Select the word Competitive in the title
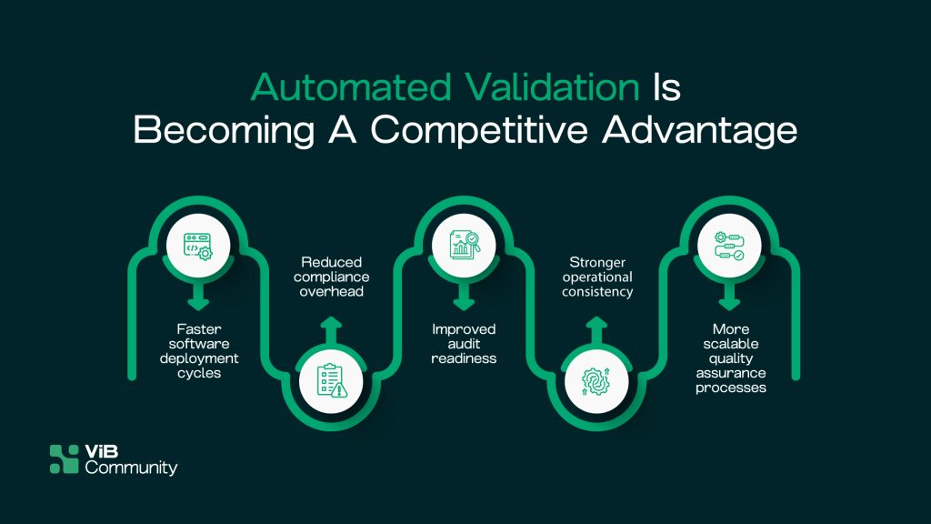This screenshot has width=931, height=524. pyautogui.click(x=479, y=129)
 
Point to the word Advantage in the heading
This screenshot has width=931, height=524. pyautogui.click(x=699, y=130)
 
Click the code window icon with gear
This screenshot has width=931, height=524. pyautogui.click(x=198, y=246)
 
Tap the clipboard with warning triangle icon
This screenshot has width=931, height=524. pyautogui.click(x=331, y=380)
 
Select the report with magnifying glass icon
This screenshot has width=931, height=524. pyautogui.click(x=464, y=245)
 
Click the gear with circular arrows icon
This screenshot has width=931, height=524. pyautogui.click(x=596, y=381)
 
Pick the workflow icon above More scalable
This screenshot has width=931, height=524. pyautogui.click(x=729, y=246)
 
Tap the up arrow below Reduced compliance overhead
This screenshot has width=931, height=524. pyautogui.click(x=331, y=330)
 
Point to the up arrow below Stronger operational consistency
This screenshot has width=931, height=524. pyautogui.click(x=596, y=330)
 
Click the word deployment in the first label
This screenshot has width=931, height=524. pyautogui.click(x=199, y=358)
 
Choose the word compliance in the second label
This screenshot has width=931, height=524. pyautogui.click(x=331, y=277)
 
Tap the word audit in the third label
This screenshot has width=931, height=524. pyautogui.click(x=464, y=343)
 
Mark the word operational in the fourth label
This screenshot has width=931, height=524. pyautogui.click(x=597, y=277)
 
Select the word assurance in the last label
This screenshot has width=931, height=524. pyautogui.click(x=731, y=373)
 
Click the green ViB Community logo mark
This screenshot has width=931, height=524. pyautogui.click(x=65, y=459)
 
